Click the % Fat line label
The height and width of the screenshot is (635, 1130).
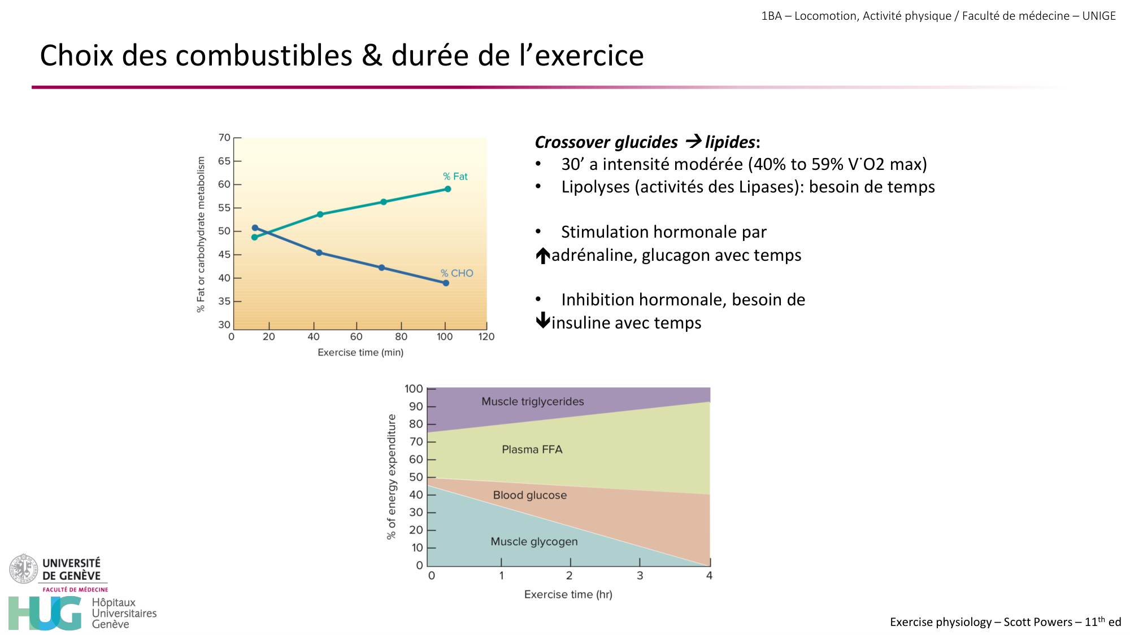455,177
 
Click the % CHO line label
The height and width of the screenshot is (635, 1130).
457,273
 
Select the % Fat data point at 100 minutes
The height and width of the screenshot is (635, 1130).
447,189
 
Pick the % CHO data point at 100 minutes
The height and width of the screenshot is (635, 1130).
446,283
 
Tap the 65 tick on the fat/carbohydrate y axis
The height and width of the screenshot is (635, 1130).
224,161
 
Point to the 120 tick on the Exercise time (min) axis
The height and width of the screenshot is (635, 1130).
486,336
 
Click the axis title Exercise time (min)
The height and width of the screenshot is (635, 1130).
360,352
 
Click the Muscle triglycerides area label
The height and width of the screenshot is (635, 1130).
532,401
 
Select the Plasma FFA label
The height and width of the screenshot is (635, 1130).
532,449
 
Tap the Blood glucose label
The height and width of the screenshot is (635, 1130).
529,495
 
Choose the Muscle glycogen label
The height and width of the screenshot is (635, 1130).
534,541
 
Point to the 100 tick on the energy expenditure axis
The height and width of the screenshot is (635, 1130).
414,389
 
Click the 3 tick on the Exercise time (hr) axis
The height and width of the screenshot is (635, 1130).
640,575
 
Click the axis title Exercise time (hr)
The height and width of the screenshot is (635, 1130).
568,594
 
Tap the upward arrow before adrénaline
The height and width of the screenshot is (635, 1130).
543,256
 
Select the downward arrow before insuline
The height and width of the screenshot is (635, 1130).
543,321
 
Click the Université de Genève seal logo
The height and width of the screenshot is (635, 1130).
23,568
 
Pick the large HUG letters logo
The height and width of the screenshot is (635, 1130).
45,613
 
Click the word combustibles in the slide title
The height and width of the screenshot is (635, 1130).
266,56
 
